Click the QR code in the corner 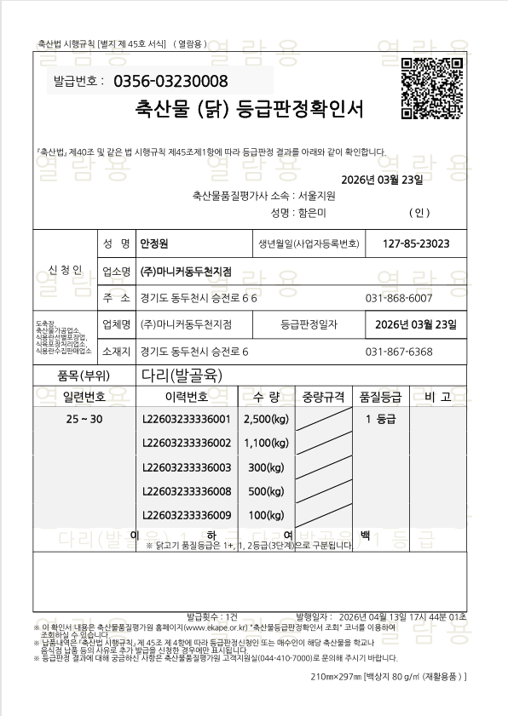coord(432,86)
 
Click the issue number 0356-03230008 coord(176,82)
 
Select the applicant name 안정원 coord(156,244)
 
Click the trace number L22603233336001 coord(187,419)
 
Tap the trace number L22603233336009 coord(187,515)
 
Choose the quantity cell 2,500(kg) coord(267,419)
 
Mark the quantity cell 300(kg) coord(267,467)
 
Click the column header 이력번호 coord(186,396)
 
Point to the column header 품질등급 coord(380,396)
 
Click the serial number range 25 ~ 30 coord(84,419)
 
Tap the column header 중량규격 coord(324,396)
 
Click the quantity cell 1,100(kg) coord(267,443)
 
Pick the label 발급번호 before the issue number coord(78,82)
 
